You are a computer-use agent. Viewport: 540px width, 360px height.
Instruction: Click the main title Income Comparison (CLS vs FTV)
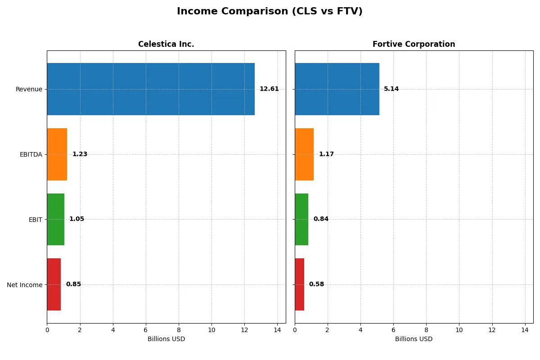270,11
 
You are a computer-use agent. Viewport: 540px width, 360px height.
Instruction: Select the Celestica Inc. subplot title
166,44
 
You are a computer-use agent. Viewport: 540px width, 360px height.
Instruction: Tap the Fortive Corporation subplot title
414,44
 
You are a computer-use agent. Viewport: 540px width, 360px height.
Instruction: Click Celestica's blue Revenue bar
151,89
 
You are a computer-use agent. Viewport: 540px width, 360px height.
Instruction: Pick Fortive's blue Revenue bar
337,89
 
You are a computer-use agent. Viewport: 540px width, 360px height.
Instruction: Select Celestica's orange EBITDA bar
57,154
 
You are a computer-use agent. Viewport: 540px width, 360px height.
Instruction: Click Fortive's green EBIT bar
301,219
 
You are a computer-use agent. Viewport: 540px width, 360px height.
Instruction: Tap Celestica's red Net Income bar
54,284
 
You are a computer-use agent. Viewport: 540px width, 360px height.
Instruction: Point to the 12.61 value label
269,89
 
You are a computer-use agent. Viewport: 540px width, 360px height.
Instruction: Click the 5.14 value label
391,89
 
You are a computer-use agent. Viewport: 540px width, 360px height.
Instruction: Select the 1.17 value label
326,154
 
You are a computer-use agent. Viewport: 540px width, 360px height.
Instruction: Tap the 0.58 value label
316,284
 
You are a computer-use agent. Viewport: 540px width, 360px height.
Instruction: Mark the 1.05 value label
76,219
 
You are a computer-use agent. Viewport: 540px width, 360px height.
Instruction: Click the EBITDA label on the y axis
31,154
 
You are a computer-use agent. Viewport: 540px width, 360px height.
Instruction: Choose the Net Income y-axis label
24,285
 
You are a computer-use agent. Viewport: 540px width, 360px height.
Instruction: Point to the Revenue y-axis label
29,89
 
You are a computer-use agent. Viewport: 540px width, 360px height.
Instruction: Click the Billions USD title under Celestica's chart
166,339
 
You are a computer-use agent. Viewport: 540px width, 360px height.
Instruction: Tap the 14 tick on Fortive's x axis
525,330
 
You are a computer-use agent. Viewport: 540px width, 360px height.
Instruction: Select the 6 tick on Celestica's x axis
146,330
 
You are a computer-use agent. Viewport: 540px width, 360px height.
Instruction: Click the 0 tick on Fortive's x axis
295,330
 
